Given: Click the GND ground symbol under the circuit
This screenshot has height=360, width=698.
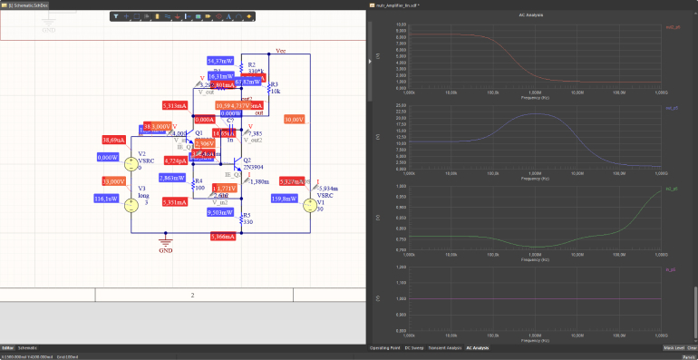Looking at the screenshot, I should coord(165,243).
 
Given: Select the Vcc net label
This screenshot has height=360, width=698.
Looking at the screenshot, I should coord(281,52).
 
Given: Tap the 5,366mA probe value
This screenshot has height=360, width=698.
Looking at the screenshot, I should coord(222,236).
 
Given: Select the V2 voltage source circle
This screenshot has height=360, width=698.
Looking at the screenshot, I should coord(129,164).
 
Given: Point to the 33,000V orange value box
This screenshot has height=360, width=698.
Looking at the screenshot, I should coord(113,181).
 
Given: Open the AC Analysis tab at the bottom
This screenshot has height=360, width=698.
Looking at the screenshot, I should coord(477,348).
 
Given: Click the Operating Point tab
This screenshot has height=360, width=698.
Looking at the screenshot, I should coord(386,348).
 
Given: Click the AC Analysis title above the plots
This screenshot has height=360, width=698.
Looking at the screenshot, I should coord(531,15).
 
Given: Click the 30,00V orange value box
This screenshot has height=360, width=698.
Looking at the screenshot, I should coord(294,119).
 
